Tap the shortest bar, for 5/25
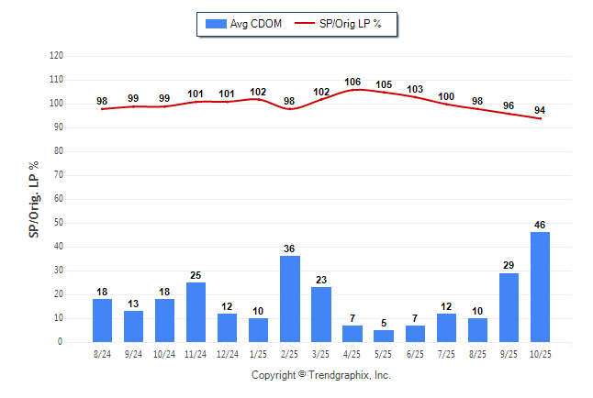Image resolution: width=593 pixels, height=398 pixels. (384, 336)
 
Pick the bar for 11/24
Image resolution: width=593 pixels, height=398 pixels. (196, 312)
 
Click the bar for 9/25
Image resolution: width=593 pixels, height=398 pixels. (509, 307)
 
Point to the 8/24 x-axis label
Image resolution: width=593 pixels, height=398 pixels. (102, 353)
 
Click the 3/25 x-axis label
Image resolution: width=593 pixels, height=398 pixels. (321, 353)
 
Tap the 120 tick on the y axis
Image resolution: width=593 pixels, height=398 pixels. (56, 56)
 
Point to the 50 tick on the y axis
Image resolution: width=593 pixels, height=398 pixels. (59, 223)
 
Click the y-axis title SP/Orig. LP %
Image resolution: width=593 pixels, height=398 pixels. (34, 198)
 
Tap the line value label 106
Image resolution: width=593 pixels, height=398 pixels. (352, 82)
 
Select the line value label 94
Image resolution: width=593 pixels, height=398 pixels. (540, 110)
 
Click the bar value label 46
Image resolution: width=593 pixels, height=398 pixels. (540, 224)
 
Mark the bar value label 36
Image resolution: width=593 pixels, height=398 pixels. (290, 248)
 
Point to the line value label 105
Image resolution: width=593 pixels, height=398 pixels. (384, 84)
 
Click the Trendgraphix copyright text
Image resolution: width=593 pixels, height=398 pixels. (321, 375)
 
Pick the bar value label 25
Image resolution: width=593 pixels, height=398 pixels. (196, 274)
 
